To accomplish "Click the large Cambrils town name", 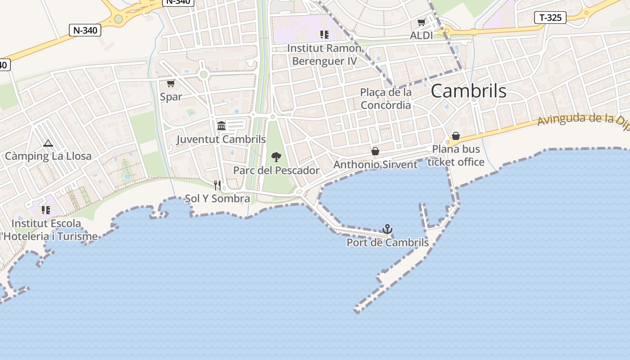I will coord(468,91).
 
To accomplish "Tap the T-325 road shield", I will coord(550,18).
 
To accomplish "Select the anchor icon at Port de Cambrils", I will coord(387,229).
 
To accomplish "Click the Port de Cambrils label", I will coord(387,243).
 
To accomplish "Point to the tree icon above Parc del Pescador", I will coord(276,157).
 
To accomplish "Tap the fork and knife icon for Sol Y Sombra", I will coord(217,185).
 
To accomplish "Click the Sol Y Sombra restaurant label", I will coord(217,198).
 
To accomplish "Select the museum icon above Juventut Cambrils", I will coord(221,126).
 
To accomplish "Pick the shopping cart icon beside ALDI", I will coord(421,22).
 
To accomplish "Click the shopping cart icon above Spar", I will coord(171,83).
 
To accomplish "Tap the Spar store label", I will coord(171,97).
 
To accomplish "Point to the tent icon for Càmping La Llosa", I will coord(48,144).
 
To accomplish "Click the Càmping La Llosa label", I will coord(48,156).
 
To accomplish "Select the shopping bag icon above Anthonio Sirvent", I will coord(375,151).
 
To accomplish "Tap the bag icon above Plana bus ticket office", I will coord(456,136).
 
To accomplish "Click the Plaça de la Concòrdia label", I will coord(386,99).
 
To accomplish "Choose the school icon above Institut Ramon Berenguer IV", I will coord(324,34).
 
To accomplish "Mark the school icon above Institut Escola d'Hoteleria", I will coord(46,210).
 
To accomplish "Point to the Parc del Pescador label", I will coord(276,171).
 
